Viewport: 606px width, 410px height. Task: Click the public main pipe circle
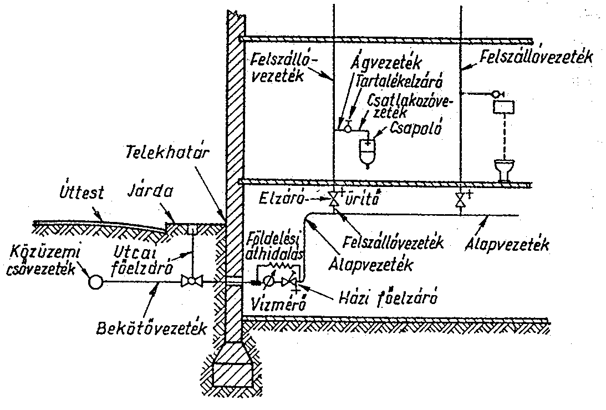click(95, 282)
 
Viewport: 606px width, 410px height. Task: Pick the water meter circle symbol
click(267, 282)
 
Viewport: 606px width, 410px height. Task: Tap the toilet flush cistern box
click(503, 107)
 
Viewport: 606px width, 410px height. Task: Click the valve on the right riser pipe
click(460, 200)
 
